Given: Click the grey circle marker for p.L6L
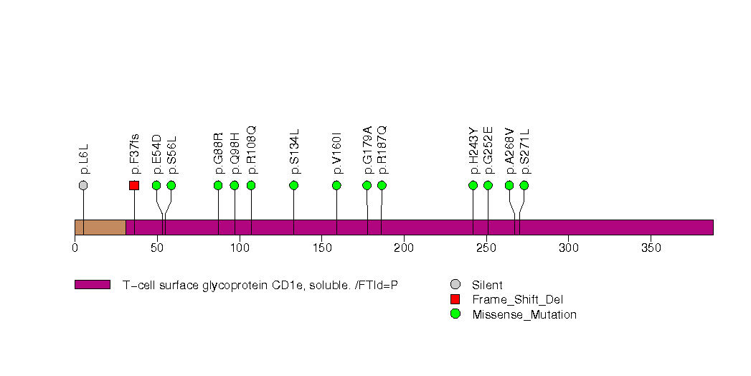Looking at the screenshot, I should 83,185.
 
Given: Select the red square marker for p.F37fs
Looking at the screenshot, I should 134,185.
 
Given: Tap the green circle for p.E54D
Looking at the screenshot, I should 156,185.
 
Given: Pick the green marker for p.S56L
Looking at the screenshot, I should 171,185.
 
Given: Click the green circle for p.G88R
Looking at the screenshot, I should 218,185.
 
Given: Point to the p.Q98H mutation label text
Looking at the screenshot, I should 235,154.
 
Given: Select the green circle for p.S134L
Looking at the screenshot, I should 293,185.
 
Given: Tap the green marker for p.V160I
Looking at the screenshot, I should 336,185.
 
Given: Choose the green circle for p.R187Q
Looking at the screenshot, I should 382,185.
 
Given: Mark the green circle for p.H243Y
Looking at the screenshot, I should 473,185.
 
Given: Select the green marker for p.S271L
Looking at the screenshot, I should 524,185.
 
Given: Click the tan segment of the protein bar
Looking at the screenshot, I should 100,227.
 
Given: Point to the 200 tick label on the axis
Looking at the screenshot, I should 404,248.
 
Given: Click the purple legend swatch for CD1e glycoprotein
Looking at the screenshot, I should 92,285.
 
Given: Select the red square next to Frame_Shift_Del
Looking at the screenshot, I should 455,299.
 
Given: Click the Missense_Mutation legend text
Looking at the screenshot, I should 524,314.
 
